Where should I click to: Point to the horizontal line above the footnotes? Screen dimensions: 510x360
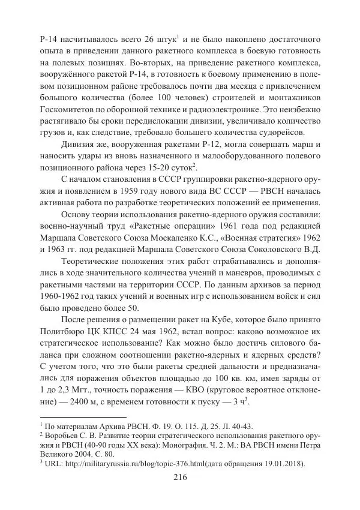pos(78,416)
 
